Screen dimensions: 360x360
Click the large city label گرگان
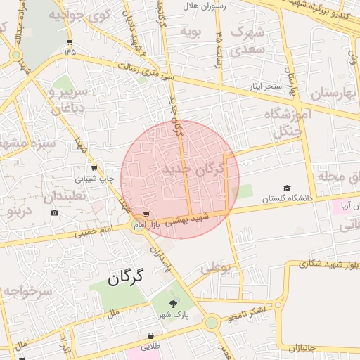point(126,277)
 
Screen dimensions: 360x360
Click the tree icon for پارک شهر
point(173,304)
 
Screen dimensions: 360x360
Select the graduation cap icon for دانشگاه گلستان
point(286,188)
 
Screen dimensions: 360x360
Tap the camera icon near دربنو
point(55,212)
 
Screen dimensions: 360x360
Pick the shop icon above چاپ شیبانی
point(94,168)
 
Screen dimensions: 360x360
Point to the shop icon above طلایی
point(150,336)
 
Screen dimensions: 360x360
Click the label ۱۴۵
point(70,51)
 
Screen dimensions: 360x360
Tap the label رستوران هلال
point(202,6)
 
